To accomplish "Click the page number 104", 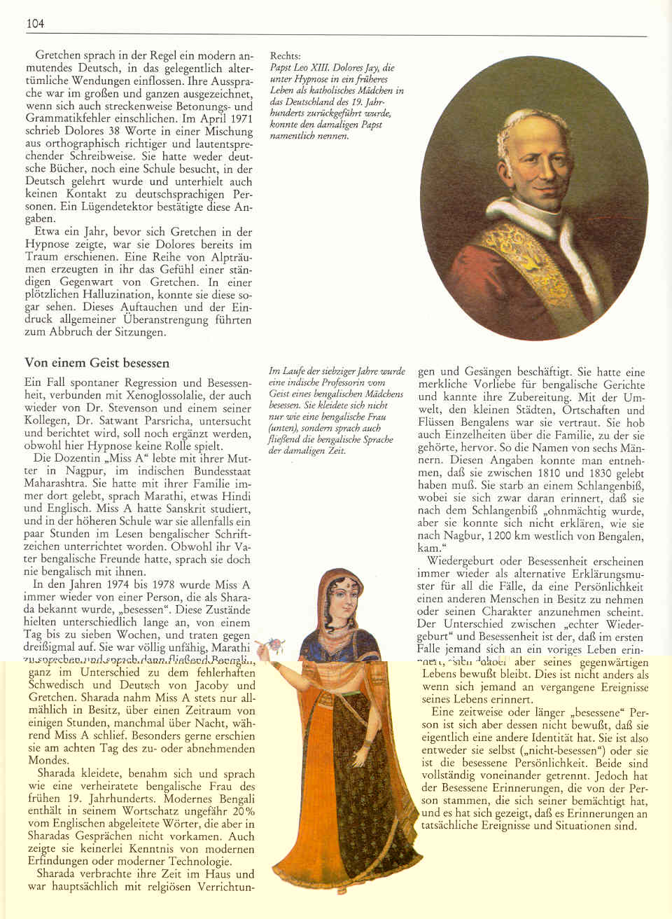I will coord(35,24).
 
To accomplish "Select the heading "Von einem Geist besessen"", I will coord(97,363).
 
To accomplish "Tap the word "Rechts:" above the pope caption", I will coord(286,56).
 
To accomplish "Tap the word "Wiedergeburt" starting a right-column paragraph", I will coord(461,561).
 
